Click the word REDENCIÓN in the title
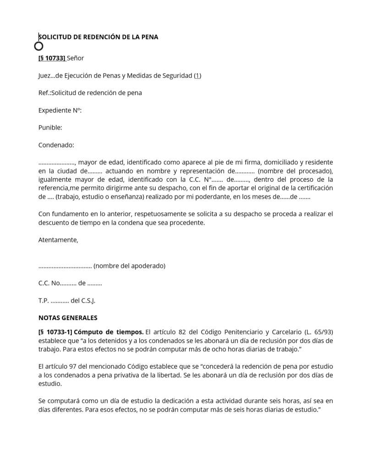tap(99, 37)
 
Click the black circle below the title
tap(39, 46)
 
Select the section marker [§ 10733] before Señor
tap(52, 58)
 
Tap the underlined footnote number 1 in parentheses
tap(197, 76)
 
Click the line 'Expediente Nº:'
tap(60, 110)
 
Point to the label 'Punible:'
tap(50, 128)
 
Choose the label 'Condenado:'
tap(56, 145)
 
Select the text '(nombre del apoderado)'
tap(129, 266)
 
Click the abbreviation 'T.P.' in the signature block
tap(44, 301)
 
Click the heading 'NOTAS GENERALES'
tap(68, 318)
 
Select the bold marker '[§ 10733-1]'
tap(55, 332)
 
